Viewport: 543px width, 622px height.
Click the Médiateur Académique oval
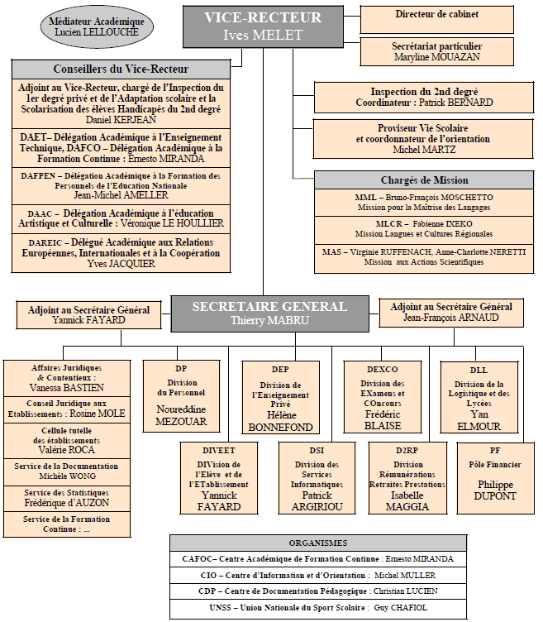(x=97, y=26)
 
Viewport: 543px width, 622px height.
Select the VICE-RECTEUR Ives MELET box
(x=263, y=26)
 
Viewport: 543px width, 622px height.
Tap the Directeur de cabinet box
(x=436, y=20)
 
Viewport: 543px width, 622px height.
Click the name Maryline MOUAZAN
(x=436, y=57)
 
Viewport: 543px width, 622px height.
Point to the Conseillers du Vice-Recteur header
(x=121, y=69)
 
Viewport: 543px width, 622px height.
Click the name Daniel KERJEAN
(x=121, y=120)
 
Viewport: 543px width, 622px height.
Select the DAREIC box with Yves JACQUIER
(x=121, y=253)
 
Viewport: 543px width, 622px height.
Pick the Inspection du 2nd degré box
(x=424, y=98)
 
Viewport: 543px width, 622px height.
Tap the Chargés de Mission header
(x=424, y=180)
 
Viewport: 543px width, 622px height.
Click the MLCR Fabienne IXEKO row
(x=424, y=229)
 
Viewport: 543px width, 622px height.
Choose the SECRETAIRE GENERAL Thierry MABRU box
(x=270, y=313)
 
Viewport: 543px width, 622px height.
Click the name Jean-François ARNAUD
(x=451, y=318)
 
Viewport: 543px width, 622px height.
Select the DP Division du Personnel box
(x=181, y=396)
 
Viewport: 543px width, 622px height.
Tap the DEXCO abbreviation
(x=383, y=369)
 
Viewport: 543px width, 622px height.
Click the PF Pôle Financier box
(x=495, y=478)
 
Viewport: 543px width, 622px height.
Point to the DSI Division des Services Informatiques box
(x=317, y=478)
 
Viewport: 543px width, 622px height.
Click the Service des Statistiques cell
(x=67, y=498)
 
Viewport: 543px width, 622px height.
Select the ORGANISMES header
(x=318, y=543)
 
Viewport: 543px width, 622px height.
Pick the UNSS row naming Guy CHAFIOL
(x=318, y=608)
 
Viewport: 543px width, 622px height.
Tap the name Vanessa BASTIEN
(x=67, y=388)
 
